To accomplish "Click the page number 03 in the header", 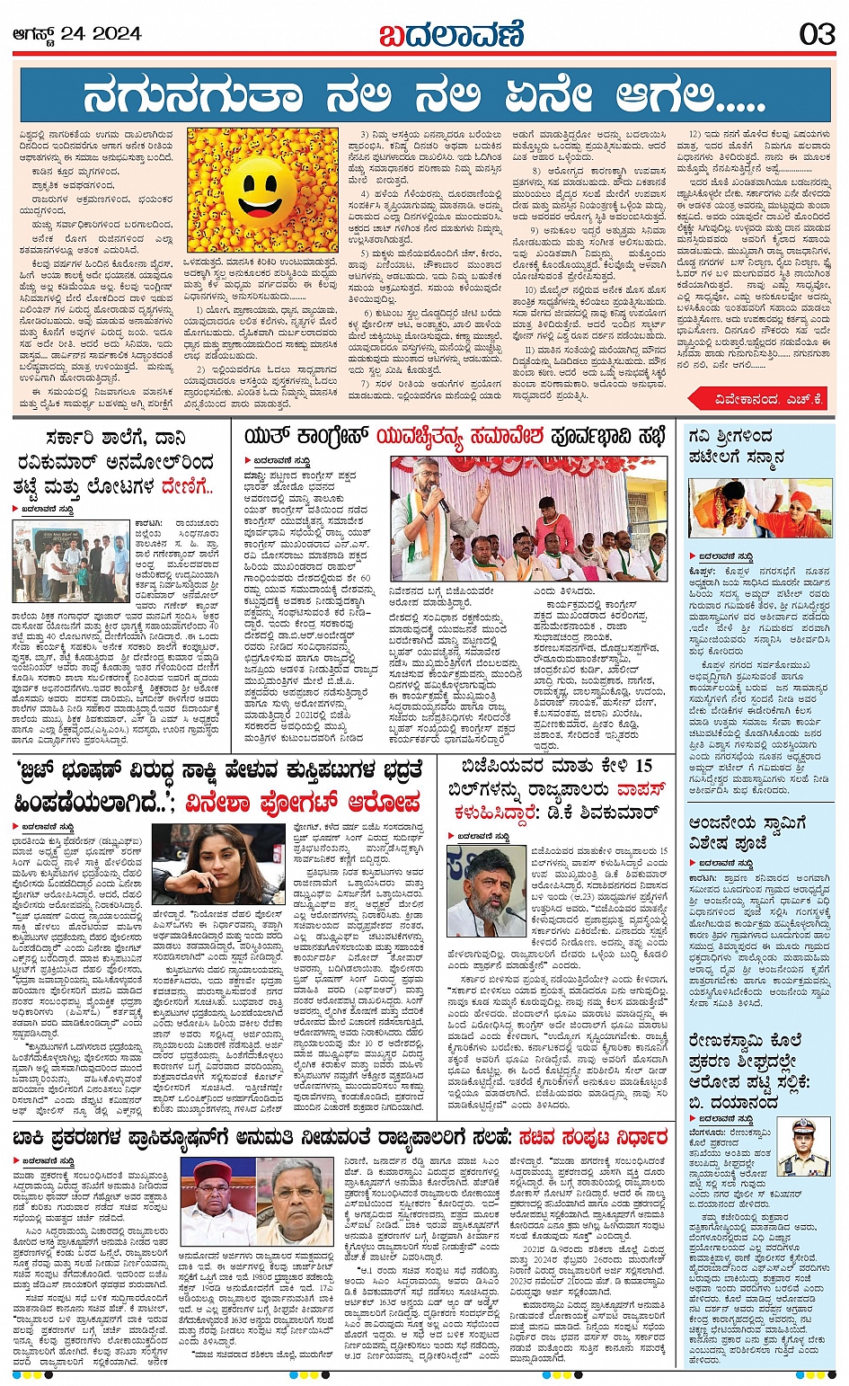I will click(x=817, y=34).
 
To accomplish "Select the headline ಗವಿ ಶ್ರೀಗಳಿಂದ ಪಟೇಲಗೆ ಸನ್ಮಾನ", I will click(x=736, y=447).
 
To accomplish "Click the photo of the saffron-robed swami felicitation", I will click(x=760, y=509).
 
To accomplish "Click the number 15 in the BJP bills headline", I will click(x=643, y=766).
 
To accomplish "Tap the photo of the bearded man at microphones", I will click(x=486, y=890).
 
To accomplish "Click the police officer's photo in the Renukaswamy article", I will click(x=803, y=1146).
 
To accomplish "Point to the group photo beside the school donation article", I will click(x=71, y=560).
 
